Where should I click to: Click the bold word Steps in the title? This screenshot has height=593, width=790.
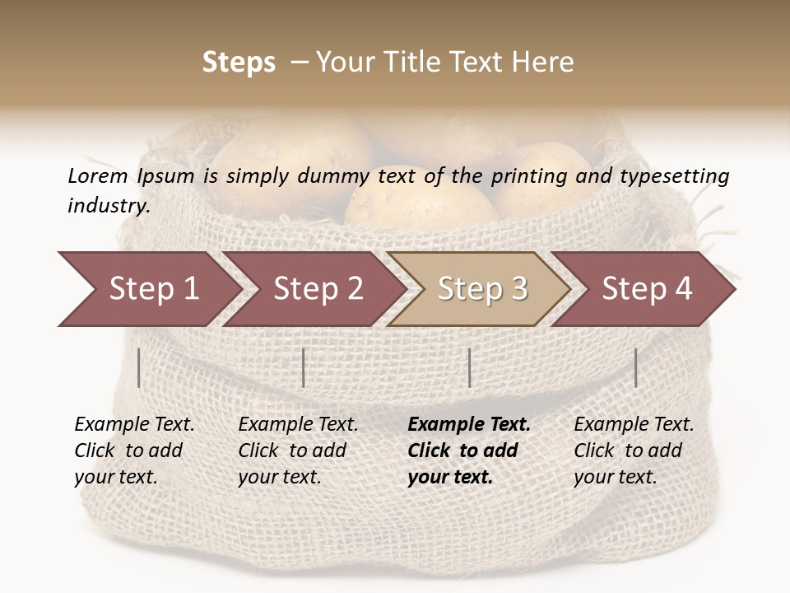(239, 63)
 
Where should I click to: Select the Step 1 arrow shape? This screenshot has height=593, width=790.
(148, 289)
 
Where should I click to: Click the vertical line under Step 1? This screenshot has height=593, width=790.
(138, 367)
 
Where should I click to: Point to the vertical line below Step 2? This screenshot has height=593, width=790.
(304, 367)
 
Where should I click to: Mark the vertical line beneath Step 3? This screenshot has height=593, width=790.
(469, 367)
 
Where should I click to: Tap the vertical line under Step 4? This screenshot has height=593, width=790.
(635, 367)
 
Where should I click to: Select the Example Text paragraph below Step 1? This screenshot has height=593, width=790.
(134, 451)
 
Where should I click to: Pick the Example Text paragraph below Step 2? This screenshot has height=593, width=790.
(298, 451)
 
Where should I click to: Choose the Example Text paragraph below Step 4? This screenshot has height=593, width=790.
(634, 451)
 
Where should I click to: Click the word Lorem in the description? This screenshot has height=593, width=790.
(98, 175)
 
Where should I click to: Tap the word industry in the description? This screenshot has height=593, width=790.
(108, 205)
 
